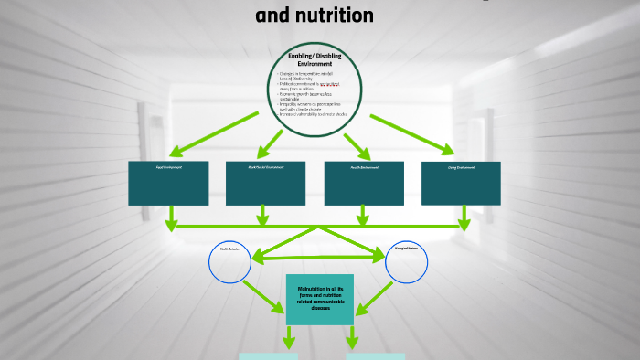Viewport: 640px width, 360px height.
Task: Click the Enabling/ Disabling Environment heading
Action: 315,60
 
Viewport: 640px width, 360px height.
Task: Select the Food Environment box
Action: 168,183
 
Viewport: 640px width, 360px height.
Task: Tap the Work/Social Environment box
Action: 265,183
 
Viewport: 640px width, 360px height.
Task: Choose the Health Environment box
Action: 364,183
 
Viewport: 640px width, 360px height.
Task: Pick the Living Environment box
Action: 461,183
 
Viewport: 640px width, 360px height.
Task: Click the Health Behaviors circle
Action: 229,263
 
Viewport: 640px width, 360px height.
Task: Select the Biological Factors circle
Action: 407,263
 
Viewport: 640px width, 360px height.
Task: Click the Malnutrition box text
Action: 320,299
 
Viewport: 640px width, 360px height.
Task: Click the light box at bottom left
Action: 268,355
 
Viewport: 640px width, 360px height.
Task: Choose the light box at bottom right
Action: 375,355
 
